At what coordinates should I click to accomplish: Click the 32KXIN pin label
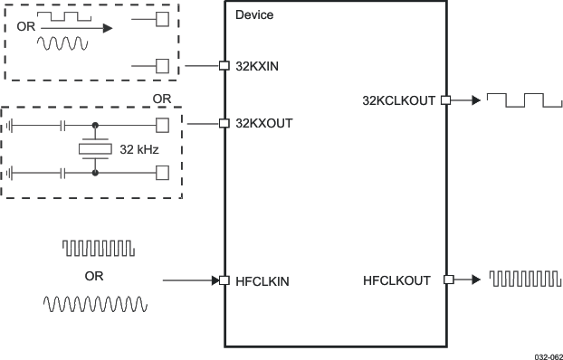pyautogui.click(x=256, y=66)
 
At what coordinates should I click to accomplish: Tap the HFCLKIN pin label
pyautogui.click(x=261, y=281)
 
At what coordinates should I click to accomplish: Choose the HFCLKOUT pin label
pyautogui.click(x=396, y=281)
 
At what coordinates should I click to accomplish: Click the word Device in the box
pyautogui.click(x=253, y=15)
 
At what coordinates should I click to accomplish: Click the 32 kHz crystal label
pyautogui.click(x=139, y=149)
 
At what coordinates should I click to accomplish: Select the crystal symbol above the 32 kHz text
pyautogui.click(x=95, y=148)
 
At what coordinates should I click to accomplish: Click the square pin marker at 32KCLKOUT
pyautogui.click(x=445, y=100)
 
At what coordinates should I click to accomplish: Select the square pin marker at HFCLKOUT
pyautogui.click(x=445, y=280)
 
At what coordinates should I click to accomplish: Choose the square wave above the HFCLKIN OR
pyautogui.click(x=97, y=247)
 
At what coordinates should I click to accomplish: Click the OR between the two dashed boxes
pyautogui.click(x=161, y=98)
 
